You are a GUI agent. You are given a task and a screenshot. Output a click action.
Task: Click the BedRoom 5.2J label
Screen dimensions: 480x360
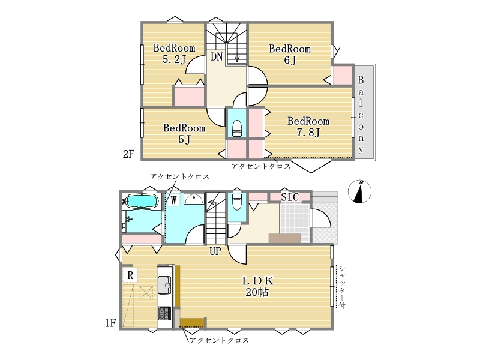pos(174,53)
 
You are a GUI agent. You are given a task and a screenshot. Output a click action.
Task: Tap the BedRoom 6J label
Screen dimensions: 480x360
pos(290,54)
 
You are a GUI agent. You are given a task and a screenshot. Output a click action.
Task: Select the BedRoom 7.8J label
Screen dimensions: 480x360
pos(308,127)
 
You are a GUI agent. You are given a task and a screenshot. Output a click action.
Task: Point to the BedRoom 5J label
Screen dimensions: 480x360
pos(184,133)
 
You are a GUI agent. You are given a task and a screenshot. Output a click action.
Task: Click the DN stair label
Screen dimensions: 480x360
pos(217,56)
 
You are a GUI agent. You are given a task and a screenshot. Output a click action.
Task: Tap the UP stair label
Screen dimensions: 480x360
pos(215,251)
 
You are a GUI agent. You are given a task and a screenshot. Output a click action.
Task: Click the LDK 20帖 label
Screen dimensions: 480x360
pos(257,287)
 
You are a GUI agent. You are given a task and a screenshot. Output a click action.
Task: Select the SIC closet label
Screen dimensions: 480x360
pos(290,197)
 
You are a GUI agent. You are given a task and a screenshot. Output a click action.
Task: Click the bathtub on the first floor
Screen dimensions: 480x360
pos(142,202)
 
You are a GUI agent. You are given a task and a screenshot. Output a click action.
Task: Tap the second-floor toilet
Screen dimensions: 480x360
pos(237,128)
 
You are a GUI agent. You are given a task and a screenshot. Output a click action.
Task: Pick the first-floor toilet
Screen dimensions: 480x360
pos(237,201)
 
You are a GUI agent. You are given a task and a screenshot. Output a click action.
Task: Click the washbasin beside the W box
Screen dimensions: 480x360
pos(194,199)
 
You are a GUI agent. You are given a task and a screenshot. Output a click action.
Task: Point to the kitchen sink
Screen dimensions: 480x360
pos(164,284)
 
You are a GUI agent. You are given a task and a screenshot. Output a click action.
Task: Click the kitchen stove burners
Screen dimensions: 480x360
pos(164,313)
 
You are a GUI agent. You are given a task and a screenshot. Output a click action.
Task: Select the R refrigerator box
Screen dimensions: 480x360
pos(130,275)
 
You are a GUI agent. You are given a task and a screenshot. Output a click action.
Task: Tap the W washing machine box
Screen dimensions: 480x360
pos(173,200)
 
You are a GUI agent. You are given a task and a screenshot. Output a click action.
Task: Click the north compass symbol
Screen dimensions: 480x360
pos(359,191)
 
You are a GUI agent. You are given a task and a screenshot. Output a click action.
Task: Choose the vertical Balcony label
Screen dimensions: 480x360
pos(361,115)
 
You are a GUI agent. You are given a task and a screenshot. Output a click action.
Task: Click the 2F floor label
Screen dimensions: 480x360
pos(128,154)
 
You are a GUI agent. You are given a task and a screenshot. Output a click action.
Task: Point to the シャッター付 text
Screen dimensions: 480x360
pos(342,287)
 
